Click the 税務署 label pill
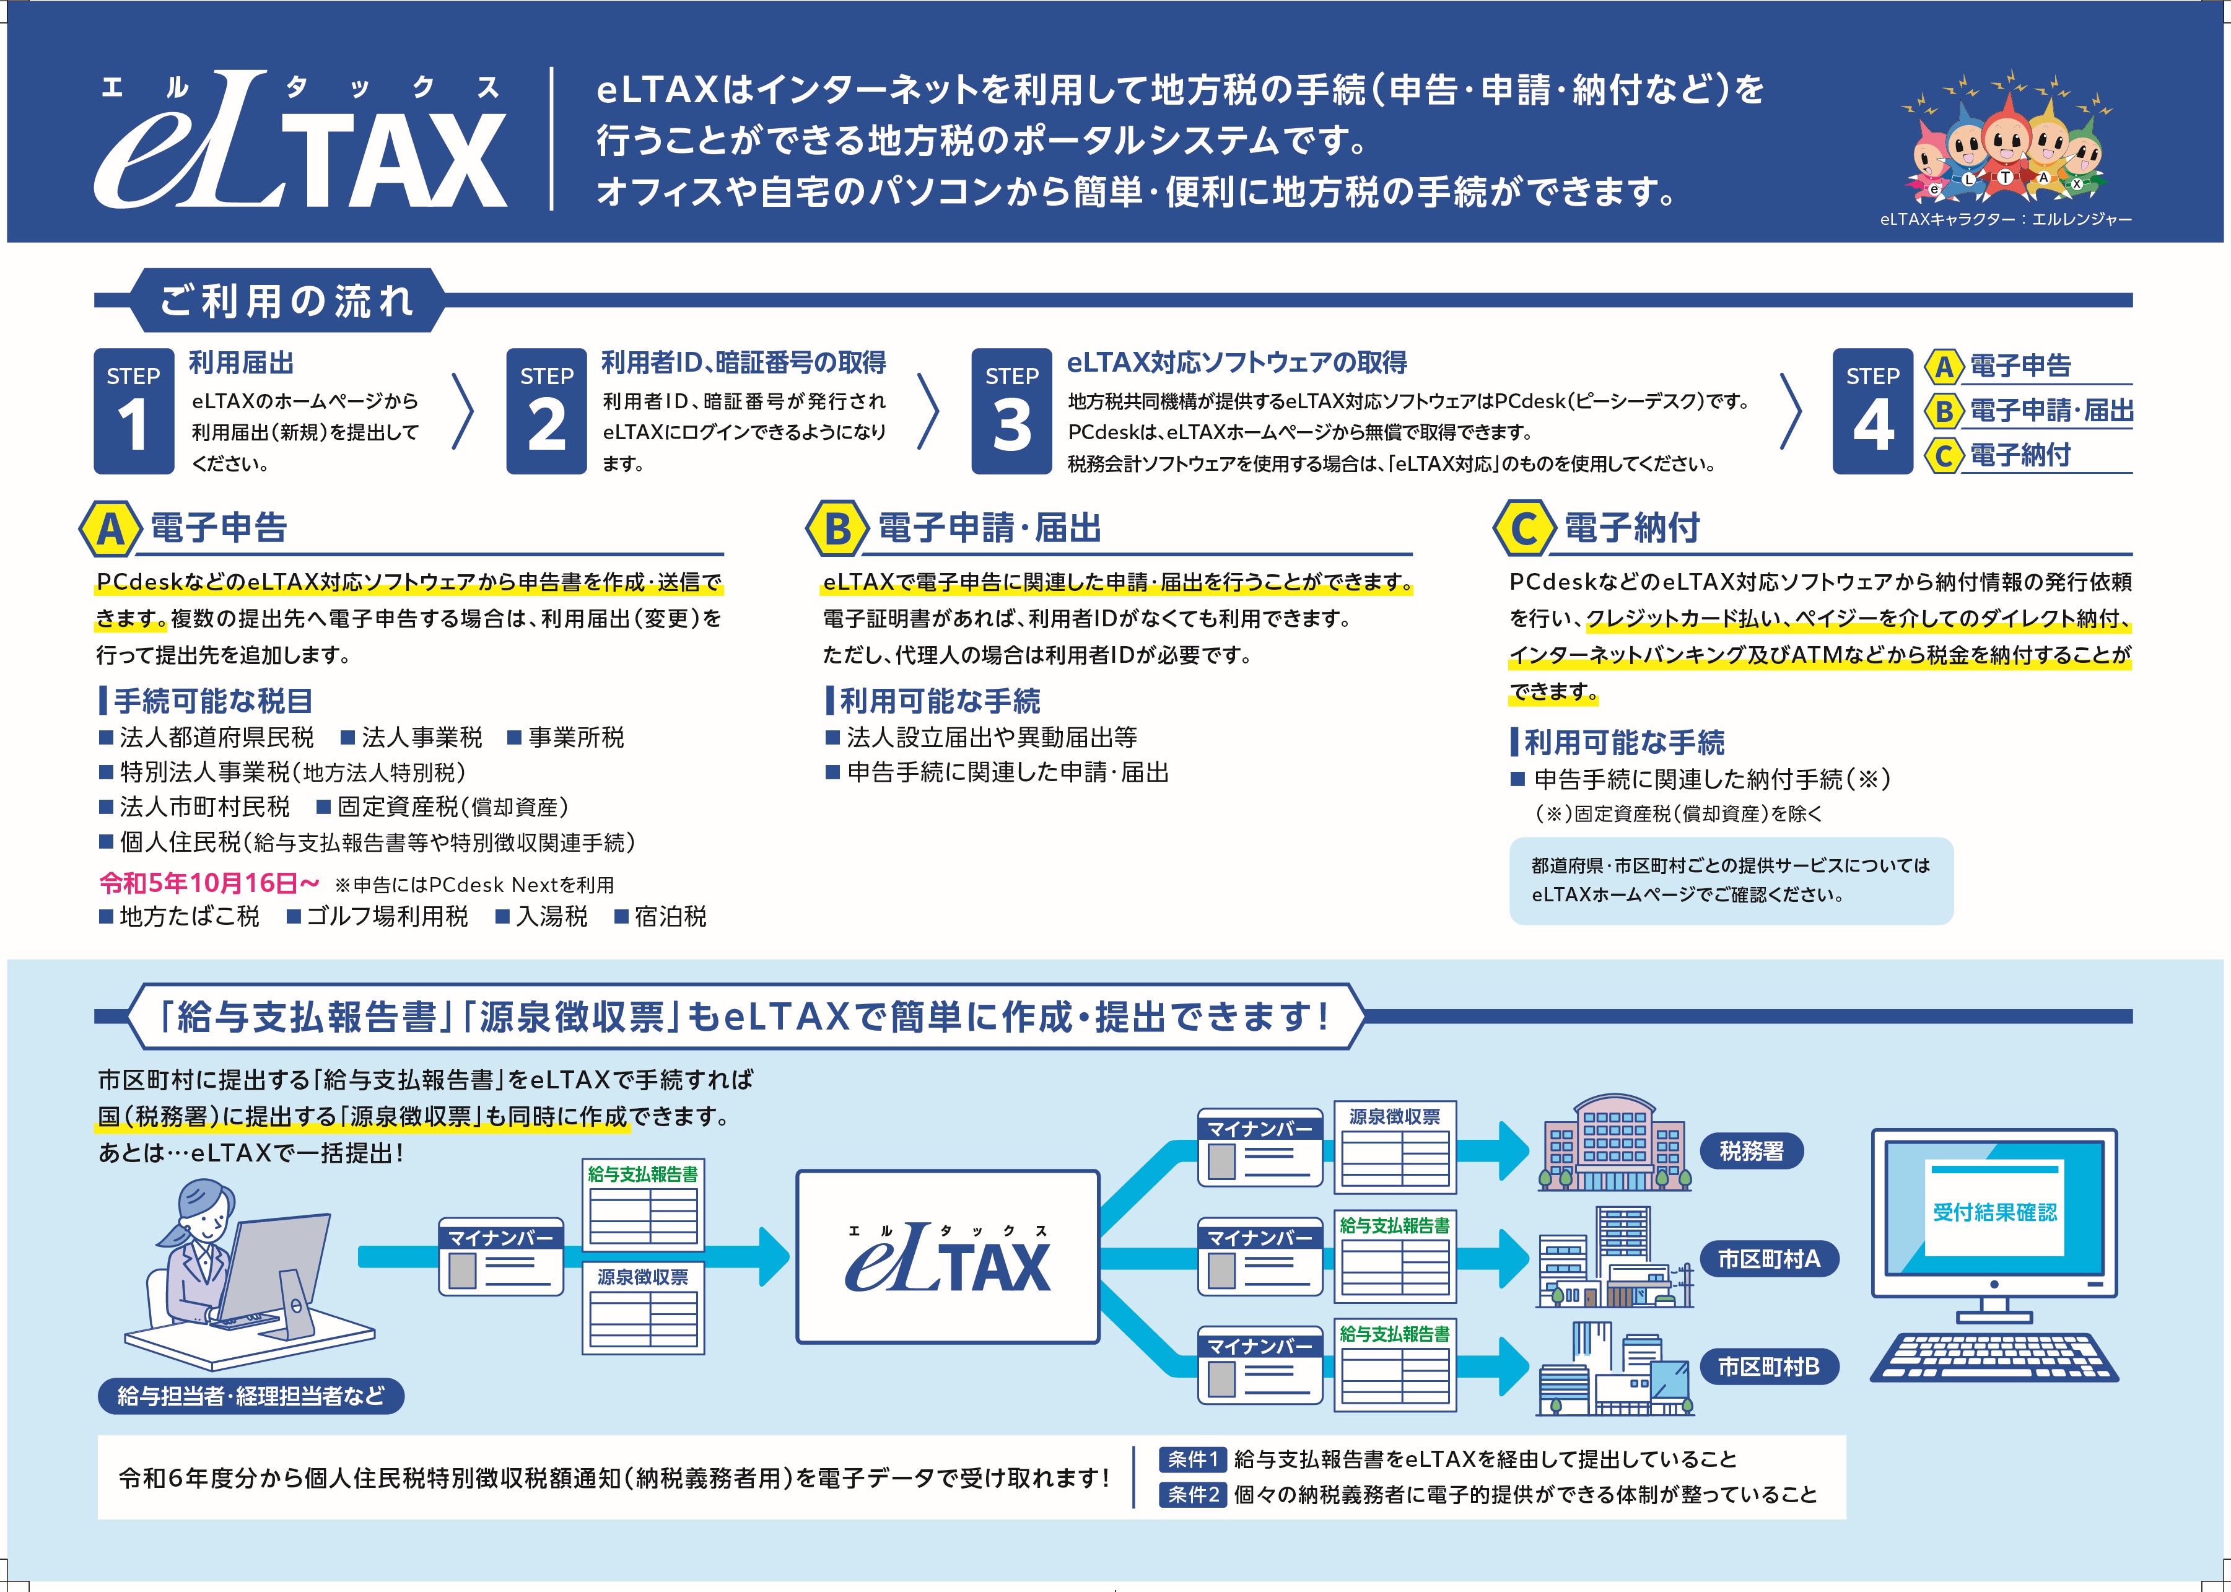click(1752, 1151)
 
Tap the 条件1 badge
click(1193, 1459)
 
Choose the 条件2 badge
click(1193, 1495)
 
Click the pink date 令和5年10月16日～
click(209, 883)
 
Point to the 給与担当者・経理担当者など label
click(251, 1396)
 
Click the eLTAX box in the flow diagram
click(948, 1257)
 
